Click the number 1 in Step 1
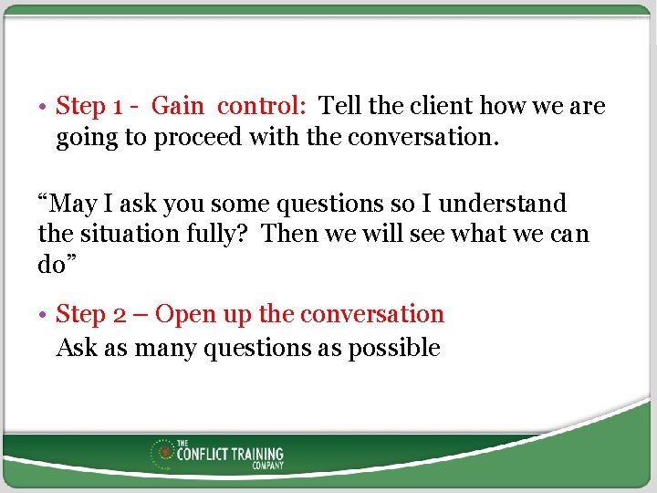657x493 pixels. click(118, 107)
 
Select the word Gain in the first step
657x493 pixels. click(177, 107)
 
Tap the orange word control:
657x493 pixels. click(261, 107)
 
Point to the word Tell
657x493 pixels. click(339, 107)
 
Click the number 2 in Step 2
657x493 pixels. click(120, 315)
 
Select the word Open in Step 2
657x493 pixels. click(182, 315)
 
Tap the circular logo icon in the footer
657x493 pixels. click(163, 453)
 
